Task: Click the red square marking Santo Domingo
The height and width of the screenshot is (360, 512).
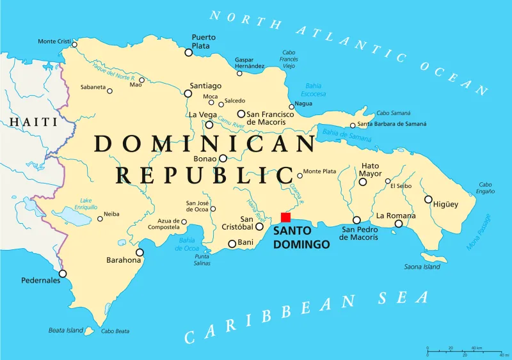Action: coord(285,217)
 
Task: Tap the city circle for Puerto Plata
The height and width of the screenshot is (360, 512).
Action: coord(189,52)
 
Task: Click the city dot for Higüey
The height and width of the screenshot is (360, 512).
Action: coord(428,199)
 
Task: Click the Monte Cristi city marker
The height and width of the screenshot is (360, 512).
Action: coord(74,44)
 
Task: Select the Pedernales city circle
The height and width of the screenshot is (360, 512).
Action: coord(63,273)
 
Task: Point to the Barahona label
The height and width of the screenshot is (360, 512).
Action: coord(123,260)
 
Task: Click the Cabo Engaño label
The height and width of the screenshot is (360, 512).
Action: coord(486,187)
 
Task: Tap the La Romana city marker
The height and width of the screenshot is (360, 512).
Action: coord(398,224)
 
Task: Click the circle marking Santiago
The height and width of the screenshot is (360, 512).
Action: coord(188,93)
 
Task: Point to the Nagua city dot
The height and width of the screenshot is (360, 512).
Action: coord(292,107)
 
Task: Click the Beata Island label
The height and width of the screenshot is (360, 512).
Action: coord(66,331)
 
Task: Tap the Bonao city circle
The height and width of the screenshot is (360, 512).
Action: coord(223,158)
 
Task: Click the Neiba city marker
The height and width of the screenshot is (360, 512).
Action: coord(100,219)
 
